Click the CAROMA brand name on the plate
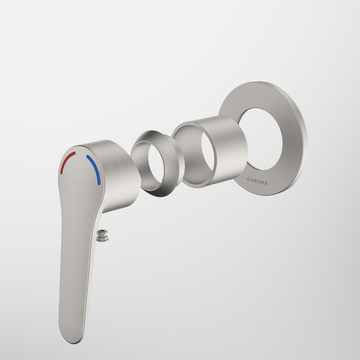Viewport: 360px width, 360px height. click(x=257, y=179)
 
